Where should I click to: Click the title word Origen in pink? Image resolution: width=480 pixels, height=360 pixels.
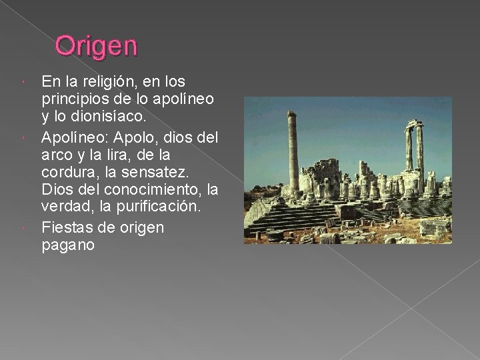96,46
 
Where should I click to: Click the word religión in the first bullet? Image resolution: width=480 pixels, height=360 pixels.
109,82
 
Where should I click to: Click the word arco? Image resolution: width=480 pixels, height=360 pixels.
57,155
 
